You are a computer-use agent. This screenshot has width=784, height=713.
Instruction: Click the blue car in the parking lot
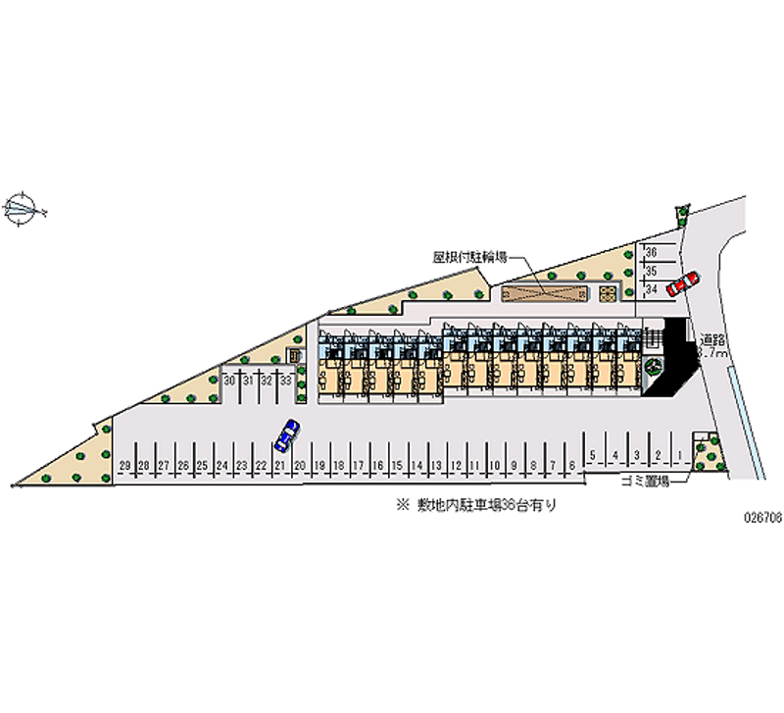coord(286,433)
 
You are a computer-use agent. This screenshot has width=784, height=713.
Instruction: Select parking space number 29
coord(124,464)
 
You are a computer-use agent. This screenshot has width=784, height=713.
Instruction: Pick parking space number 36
coord(652,253)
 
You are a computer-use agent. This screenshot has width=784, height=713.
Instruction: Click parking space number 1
coord(677,454)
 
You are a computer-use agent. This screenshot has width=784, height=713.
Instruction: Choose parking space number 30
coord(228,380)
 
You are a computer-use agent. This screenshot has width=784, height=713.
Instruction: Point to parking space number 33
coord(285,380)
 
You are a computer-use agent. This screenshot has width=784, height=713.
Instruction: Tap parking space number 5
coord(594,454)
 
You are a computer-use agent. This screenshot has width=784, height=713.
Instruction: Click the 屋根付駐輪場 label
coord(470,258)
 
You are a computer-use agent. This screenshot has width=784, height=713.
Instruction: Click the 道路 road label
coord(712,338)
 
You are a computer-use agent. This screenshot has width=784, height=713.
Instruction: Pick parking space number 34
coord(652,289)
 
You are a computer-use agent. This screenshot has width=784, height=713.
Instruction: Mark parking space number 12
coord(455,464)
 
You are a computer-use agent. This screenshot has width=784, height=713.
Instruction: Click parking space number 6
coord(571,464)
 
